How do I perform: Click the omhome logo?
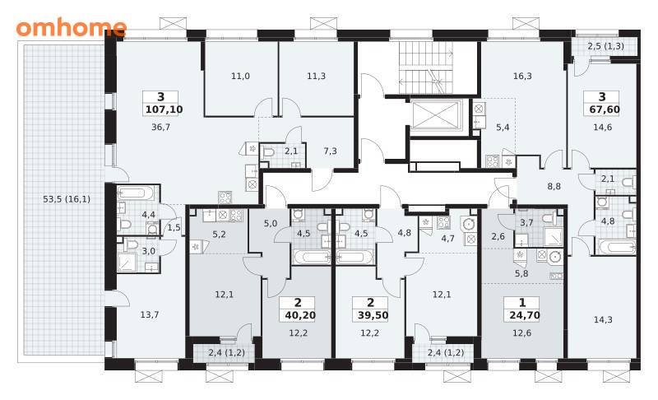72,27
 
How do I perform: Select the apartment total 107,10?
164,109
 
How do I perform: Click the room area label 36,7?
160,127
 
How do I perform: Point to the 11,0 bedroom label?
240,76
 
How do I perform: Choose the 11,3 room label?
316,76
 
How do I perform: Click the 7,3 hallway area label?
331,151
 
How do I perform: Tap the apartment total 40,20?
300,315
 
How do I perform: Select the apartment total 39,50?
373,315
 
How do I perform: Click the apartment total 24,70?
525,315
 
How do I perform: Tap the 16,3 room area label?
522,76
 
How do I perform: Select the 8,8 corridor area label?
554,186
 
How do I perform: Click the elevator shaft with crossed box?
437,114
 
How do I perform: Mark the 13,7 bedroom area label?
150,314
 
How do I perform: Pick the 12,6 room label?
521,333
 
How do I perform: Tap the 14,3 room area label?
603,319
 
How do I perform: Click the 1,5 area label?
174,227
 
